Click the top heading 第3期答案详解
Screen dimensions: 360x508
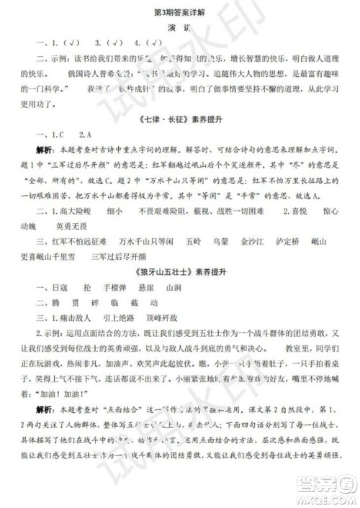179,9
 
